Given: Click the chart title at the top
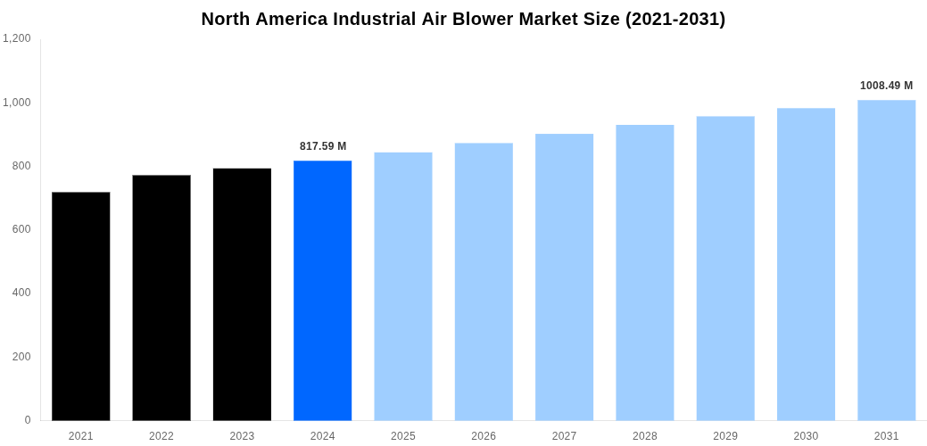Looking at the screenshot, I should [463, 19].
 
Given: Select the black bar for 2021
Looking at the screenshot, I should [81, 306].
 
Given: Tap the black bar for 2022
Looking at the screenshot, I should [161, 297].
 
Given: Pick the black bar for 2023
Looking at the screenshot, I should [242, 294].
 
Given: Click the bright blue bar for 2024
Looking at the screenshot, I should [322, 290].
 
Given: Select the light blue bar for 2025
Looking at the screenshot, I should [403, 286].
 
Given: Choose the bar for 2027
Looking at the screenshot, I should [564, 277].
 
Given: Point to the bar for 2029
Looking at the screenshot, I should [725, 268].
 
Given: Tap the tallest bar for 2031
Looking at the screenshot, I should [886, 260].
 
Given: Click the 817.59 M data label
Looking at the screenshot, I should [323, 146].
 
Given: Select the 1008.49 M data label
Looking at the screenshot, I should [886, 86].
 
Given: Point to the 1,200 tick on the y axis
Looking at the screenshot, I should [17, 38].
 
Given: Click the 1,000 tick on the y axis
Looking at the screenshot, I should [17, 103].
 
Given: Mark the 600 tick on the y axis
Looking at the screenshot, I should [21, 229].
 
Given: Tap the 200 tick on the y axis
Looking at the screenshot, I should [21, 357].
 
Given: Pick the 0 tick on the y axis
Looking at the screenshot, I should [28, 420].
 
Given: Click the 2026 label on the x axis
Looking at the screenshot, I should [484, 436].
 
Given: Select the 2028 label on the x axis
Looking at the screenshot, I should [644, 436].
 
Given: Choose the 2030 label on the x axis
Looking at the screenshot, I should [806, 436].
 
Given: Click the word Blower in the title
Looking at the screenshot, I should [483, 19].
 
